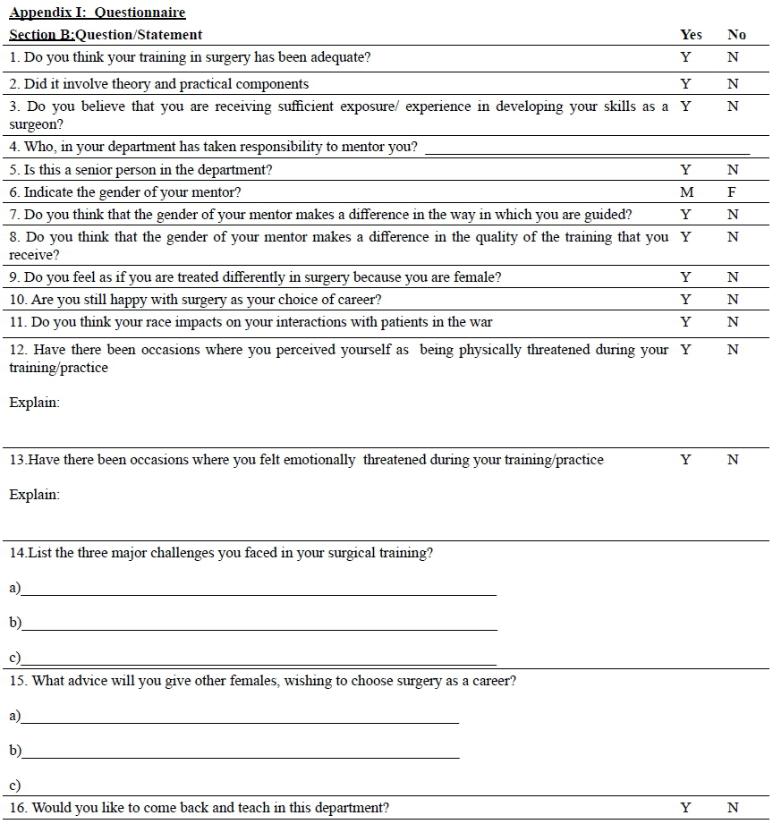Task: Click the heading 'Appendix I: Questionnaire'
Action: (98, 13)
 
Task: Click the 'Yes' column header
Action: (691, 35)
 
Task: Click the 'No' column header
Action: (736, 35)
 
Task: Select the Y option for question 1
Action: (685, 57)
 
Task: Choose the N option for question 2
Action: (733, 84)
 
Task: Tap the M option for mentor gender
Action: (685, 191)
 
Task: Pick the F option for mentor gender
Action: (732, 191)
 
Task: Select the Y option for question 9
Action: (685, 277)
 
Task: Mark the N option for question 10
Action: (733, 300)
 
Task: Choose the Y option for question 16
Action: (685, 808)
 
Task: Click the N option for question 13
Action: (733, 460)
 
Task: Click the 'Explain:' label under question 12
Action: (35, 403)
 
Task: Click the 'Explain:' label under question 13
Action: (35, 495)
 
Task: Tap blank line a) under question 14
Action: (259, 591)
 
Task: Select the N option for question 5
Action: (733, 170)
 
